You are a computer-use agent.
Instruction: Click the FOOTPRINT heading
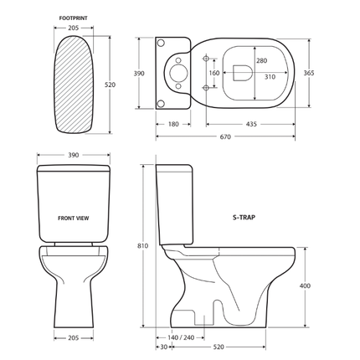click(75, 16)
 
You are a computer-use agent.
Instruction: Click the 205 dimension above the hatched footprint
click(75, 27)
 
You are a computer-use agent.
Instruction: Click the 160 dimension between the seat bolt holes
click(214, 73)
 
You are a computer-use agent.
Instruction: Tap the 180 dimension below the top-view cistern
click(172, 124)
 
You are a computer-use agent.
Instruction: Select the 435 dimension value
click(250, 124)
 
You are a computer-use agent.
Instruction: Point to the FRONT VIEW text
click(75, 218)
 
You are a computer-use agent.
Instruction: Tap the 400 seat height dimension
click(305, 286)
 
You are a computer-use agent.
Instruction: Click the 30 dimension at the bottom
click(162, 347)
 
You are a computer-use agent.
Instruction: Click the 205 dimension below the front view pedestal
click(75, 339)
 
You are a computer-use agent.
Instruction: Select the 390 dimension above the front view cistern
click(75, 156)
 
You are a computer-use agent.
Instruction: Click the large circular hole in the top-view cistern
click(178, 74)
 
